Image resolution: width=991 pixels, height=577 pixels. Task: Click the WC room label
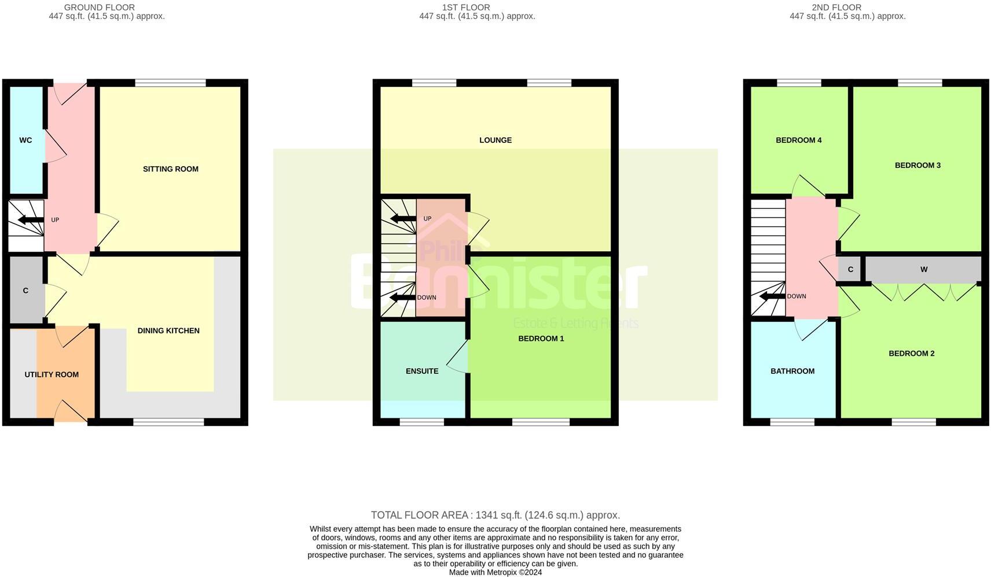25,140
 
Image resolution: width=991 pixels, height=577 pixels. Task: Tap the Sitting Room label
171,169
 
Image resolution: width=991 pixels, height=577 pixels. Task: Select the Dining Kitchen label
168,330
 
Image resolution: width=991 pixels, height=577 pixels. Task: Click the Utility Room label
52,374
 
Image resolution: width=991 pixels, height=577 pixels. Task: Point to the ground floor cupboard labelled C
25,291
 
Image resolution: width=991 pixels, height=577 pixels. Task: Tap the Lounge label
495,140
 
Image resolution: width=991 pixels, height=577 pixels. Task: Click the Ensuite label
422,371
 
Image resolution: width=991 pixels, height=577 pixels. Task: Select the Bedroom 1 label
541,339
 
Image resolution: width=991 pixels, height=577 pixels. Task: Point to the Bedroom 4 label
799,140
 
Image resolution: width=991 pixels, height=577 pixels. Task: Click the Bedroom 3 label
917,166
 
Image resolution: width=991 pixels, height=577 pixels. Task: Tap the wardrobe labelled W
924,270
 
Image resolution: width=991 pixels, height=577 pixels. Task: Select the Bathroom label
792,371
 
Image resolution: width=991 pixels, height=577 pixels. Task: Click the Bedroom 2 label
912,354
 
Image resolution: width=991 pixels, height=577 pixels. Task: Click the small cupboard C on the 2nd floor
850,270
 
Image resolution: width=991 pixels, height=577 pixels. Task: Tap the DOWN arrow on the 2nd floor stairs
772,296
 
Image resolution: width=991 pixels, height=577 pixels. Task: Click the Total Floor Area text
495,515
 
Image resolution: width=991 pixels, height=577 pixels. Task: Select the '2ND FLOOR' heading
836,8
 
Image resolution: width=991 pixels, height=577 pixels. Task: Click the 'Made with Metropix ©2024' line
495,572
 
